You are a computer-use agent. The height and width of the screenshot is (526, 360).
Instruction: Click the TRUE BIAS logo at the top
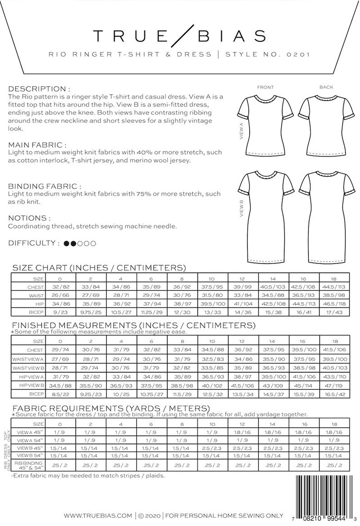click(x=180, y=35)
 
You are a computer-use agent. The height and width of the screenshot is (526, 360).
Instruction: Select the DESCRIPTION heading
click(x=39, y=89)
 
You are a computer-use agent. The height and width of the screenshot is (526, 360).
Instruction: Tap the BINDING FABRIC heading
click(x=45, y=186)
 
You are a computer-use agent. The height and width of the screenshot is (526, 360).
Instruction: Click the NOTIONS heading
click(x=29, y=218)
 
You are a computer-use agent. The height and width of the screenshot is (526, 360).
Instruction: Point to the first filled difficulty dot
click(x=67, y=244)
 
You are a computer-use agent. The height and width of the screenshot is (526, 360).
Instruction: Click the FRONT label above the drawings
click(x=265, y=87)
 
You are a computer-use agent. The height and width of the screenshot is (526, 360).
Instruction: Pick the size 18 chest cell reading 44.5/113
click(x=334, y=287)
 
